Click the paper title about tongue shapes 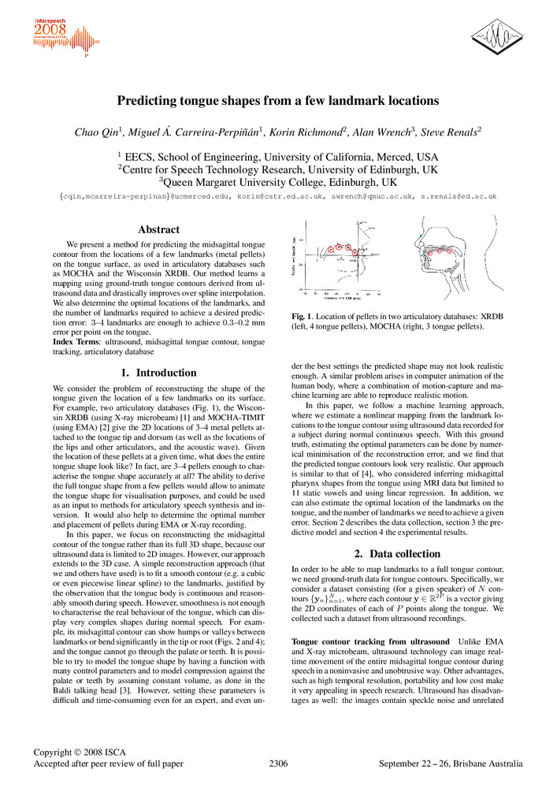(x=278, y=101)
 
